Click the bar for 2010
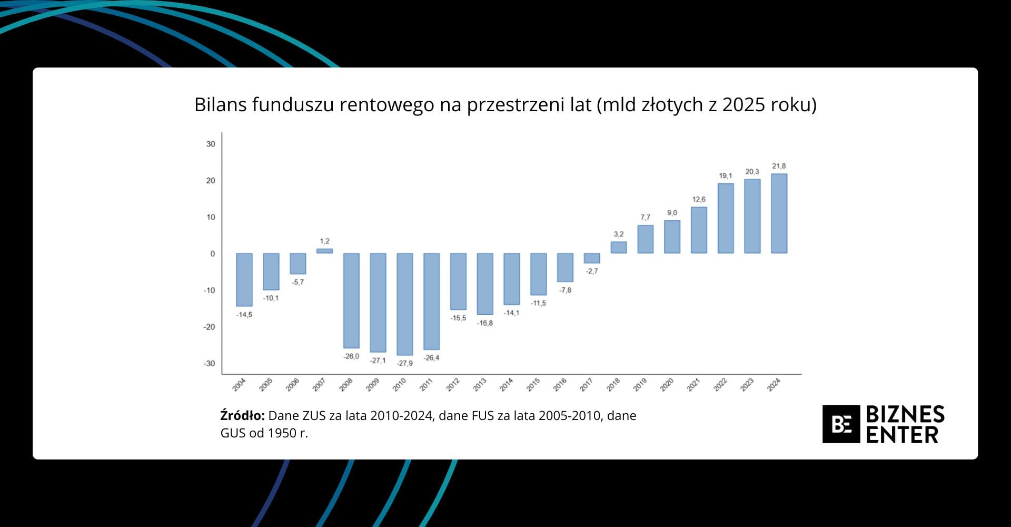pos(404,304)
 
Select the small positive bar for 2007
pos(324,251)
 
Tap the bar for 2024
pos(779,213)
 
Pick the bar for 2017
pos(592,258)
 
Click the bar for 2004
pos(244,279)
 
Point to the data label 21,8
pos(779,166)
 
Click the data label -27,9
pos(404,363)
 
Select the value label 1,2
pos(324,241)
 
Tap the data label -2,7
pos(592,271)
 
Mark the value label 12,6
pos(699,199)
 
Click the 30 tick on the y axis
pos(211,144)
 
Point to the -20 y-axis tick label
pos(210,327)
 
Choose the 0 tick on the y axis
pos(212,253)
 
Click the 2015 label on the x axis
pos(533,385)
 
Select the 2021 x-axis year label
pos(693,385)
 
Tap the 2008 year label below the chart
pos(346,385)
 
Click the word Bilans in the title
pos(220,104)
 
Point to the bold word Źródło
pos(242,416)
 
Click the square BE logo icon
pos(841,424)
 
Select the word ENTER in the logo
pos(902,435)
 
